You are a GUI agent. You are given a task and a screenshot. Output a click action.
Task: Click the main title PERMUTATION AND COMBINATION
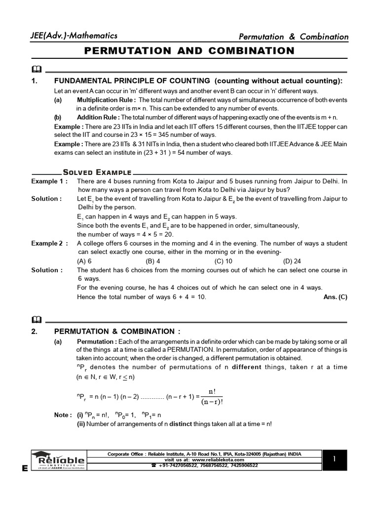[x=189, y=51]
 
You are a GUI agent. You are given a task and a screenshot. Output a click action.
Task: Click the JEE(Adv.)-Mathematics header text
[x=75, y=36]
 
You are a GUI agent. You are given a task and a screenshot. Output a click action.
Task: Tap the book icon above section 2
[x=37, y=318]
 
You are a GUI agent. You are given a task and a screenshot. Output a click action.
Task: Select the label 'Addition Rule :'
[x=98, y=118]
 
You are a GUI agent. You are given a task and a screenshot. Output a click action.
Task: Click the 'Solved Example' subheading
[x=97, y=172]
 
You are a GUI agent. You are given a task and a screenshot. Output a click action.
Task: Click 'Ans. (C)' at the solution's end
[x=335, y=297]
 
